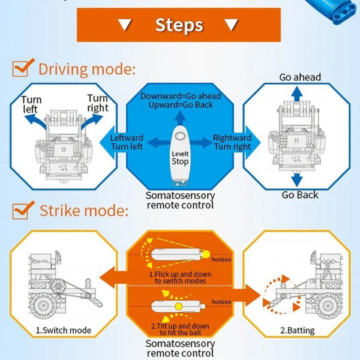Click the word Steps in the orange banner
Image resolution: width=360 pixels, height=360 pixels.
179,25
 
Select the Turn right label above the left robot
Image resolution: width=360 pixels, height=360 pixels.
98,103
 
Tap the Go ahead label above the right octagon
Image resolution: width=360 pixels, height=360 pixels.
300,77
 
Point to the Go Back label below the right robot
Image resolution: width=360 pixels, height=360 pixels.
300,195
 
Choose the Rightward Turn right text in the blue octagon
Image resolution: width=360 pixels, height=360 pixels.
233,142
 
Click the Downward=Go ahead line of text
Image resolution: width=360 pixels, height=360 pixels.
181,96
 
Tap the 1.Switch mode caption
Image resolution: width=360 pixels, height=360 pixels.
63,331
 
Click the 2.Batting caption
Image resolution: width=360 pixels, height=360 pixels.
297,331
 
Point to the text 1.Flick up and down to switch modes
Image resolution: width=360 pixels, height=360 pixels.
179,277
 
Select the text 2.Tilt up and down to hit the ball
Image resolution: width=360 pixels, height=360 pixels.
180,329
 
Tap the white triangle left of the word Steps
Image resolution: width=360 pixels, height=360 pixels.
125,25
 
